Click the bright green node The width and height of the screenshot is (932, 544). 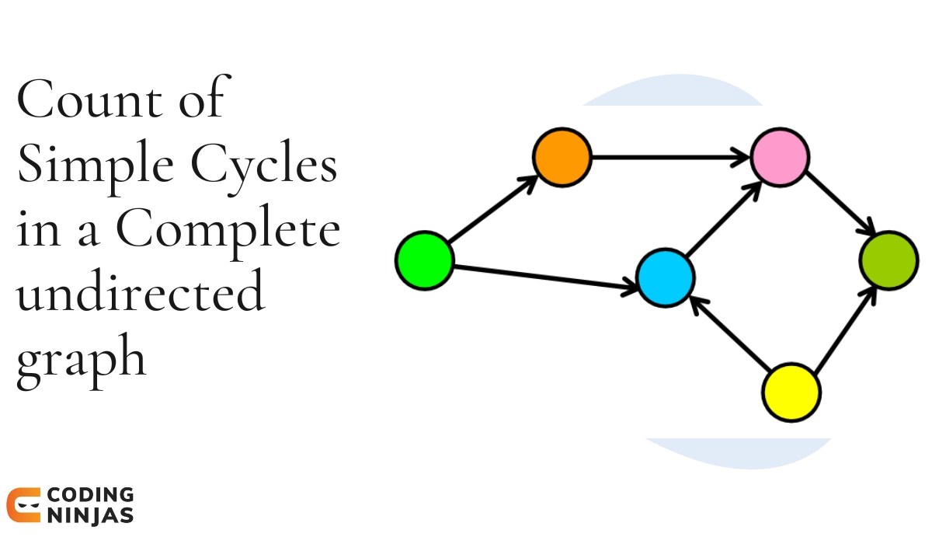pos(424,261)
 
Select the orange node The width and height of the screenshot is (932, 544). pos(562,157)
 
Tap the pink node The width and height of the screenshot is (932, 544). pos(780,157)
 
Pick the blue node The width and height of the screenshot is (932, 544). pos(665,277)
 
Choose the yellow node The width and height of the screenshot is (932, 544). pos(791,391)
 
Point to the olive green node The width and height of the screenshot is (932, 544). pos(889,260)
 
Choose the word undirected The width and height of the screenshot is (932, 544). pos(140,294)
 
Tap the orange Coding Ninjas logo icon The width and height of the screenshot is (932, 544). pos(23,505)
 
